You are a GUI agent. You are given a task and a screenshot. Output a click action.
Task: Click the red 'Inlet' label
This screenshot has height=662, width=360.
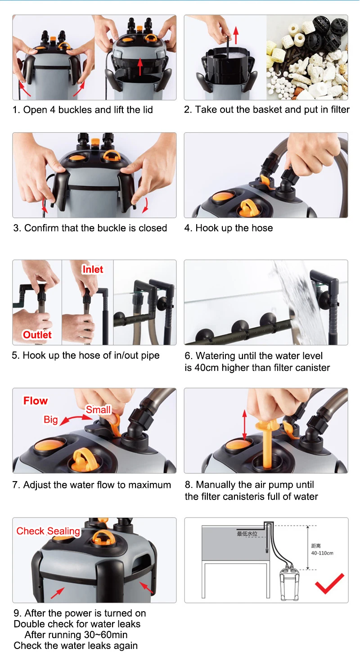(93, 269)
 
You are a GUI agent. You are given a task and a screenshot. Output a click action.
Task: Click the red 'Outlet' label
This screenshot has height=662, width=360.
(37, 335)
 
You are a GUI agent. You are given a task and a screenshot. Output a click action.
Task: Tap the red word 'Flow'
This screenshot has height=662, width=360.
(36, 401)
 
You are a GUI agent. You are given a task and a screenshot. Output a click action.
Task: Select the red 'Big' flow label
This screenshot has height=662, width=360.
(51, 420)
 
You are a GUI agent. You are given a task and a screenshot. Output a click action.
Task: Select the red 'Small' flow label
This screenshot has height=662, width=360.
(98, 410)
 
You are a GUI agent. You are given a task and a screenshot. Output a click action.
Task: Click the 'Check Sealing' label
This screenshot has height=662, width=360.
(48, 531)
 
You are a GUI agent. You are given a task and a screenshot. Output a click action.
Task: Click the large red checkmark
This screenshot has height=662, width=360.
(329, 583)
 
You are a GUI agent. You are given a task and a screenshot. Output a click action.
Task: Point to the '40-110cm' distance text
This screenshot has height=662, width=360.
(322, 553)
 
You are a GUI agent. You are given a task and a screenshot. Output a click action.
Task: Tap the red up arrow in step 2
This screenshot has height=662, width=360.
(236, 35)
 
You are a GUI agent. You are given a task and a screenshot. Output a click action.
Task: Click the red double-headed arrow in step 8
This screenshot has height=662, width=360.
(244, 425)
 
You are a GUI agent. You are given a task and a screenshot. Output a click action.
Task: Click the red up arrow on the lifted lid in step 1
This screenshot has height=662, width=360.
(140, 66)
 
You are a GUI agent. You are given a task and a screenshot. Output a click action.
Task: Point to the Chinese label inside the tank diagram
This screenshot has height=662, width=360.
(247, 533)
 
